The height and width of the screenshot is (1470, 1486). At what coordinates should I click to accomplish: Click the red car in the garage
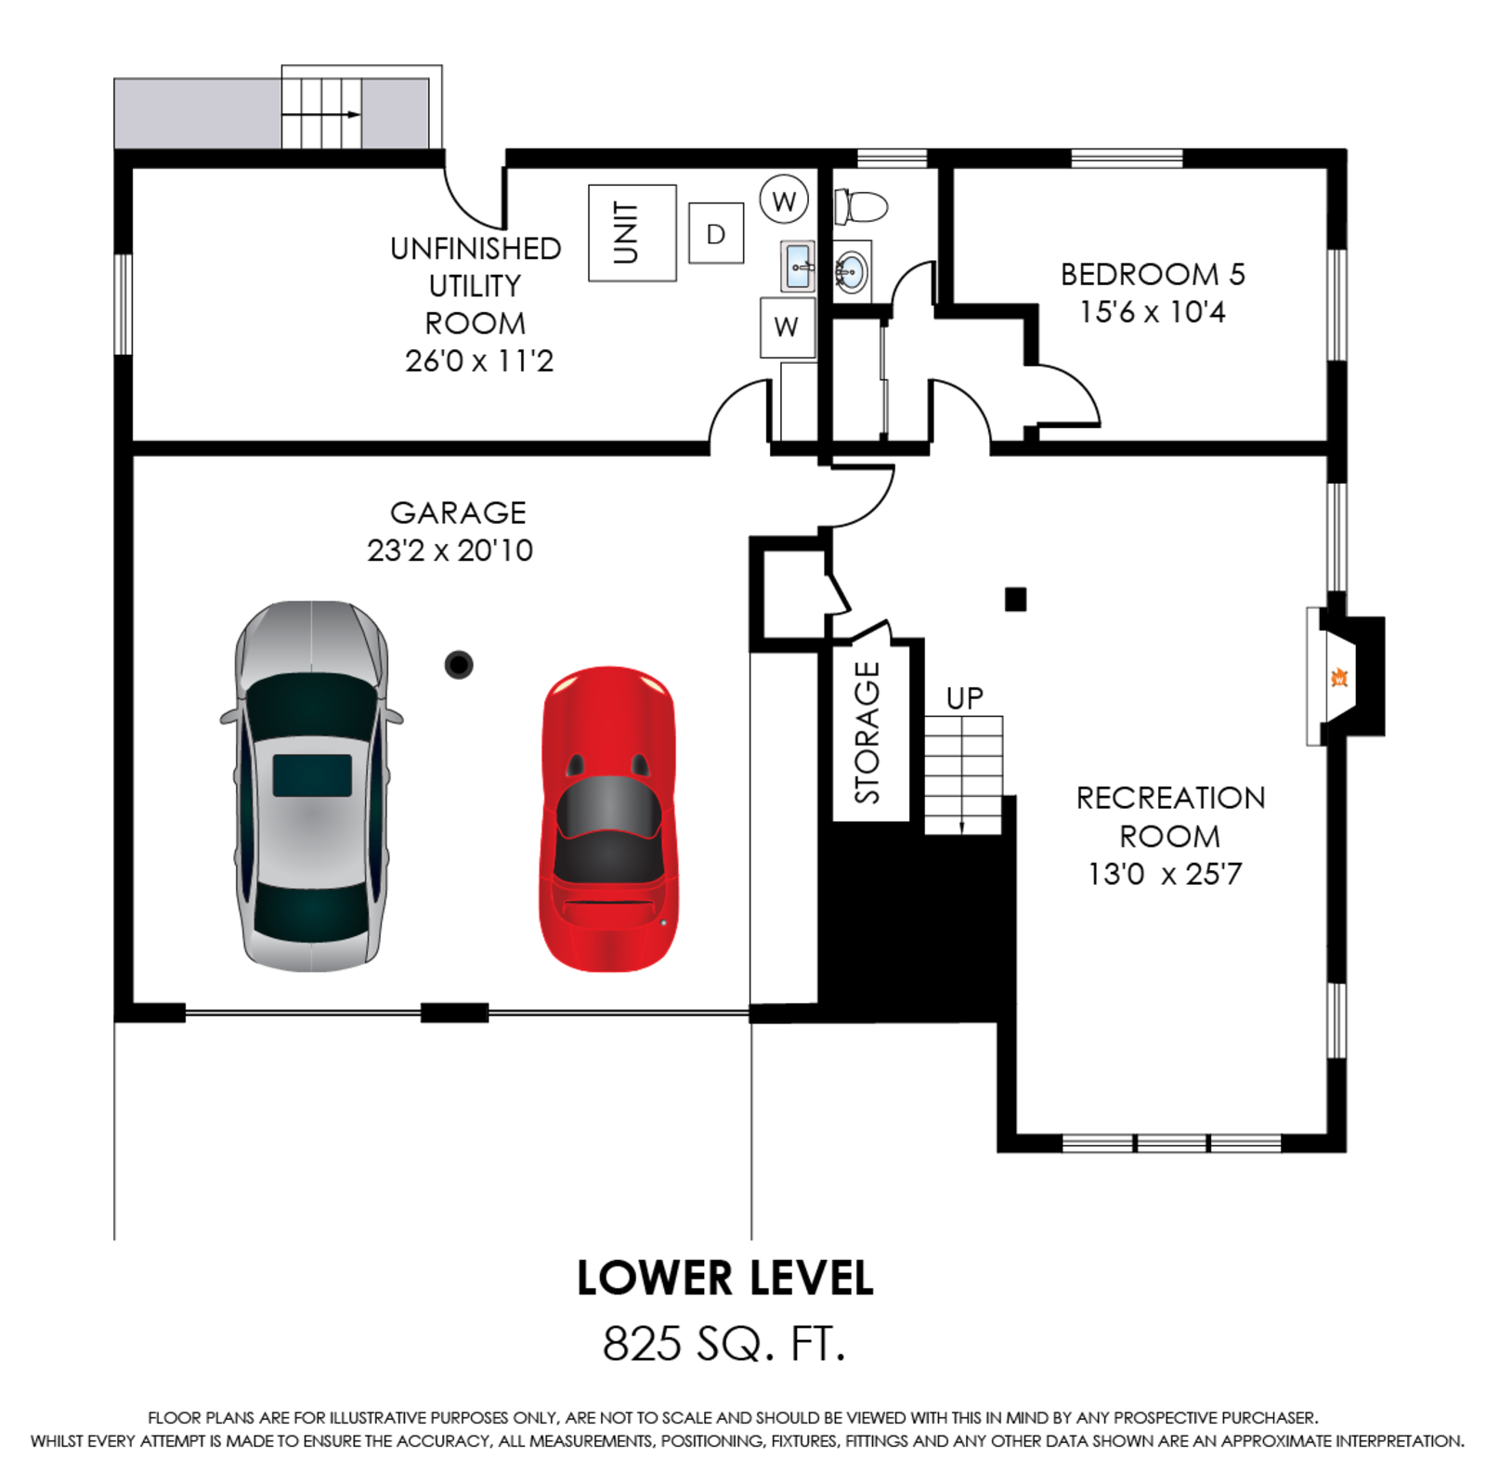(608, 818)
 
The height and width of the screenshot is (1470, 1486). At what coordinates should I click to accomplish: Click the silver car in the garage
(312, 786)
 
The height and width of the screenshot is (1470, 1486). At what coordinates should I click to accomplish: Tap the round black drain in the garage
(459, 664)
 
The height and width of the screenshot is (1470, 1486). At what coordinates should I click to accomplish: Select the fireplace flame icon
(1338, 677)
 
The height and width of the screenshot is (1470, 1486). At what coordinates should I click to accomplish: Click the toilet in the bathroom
(860, 206)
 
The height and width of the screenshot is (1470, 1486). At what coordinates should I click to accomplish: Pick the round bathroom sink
(852, 271)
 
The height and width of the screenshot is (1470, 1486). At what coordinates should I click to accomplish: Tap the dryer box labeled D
(716, 233)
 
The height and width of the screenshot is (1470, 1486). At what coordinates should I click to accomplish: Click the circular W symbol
(784, 200)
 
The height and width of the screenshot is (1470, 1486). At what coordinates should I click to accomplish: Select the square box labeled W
(788, 327)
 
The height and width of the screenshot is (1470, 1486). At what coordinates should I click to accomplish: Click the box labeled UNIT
(632, 233)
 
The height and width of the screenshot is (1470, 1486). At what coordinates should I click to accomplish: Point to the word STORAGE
(867, 732)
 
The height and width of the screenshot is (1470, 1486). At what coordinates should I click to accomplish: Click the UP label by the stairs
(964, 698)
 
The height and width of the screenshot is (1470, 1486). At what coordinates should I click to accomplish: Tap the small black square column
(1016, 599)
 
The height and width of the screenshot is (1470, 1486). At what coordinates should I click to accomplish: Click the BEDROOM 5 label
(1153, 274)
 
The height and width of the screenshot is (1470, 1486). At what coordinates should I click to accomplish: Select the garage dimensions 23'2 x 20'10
(450, 550)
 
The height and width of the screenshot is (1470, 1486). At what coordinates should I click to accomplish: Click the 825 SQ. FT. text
(724, 1343)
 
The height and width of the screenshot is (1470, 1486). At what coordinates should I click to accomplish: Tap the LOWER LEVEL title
(725, 1278)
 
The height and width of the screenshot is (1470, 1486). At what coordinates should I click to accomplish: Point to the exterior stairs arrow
(321, 114)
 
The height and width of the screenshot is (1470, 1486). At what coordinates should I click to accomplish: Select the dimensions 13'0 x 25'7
(1165, 874)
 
